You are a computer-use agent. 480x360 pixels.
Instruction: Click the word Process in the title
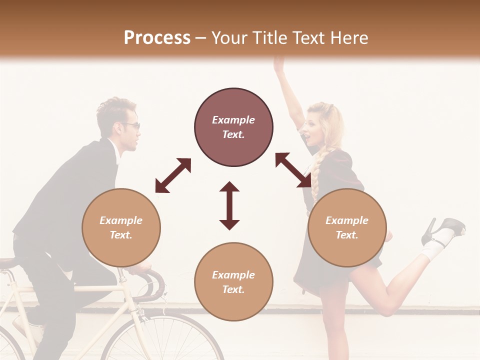[157, 38]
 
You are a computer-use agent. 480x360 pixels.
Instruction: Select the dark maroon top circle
[233, 127]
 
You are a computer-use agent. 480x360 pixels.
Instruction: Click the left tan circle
[121, 227]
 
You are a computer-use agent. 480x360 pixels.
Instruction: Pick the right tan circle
[347, 227]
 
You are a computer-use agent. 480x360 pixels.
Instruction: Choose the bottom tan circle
[233, 282]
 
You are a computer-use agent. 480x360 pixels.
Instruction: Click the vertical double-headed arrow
[229, 205]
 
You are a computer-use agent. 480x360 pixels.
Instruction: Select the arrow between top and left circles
[173, 175]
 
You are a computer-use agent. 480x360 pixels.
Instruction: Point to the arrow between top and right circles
[293, 170]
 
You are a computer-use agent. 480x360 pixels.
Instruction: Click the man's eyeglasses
[133, 125]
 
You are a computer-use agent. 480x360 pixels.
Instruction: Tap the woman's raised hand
[278, 64]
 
